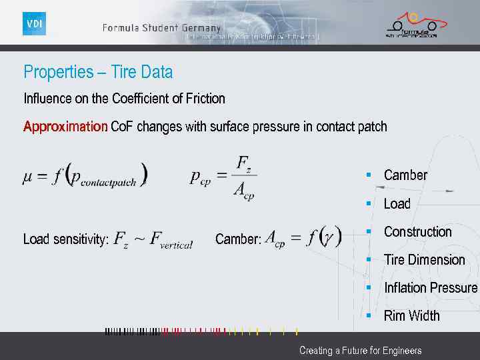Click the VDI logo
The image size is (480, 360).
click(x=34, y=24)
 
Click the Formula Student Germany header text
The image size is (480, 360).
click(x=161, y=28)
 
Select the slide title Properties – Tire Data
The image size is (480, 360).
click(x=98, y=72)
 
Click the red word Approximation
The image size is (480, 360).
click(x=65, y=127)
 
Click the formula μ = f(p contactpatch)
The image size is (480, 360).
click(x=85, y=176)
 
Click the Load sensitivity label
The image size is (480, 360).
click(x=66, y=239)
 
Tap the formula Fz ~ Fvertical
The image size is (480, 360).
click(x=153, y=239)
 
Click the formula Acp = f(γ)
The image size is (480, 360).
click(x=303, y=237)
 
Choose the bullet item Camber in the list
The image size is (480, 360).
click(x=405, y=175)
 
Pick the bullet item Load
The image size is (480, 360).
click(x=397, y=204)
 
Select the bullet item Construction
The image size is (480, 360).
click(x=417, y=232)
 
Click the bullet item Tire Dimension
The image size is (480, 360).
click(x=424, y=260)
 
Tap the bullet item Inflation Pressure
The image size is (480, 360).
click(x=431, y=288)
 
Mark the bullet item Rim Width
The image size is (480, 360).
click(x=411, y=316)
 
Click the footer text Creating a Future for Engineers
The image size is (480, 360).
click(x=360, y=351)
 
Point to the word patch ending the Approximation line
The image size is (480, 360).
click(x=371, y=127)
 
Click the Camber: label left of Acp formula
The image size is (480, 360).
click(x=238, y=239)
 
